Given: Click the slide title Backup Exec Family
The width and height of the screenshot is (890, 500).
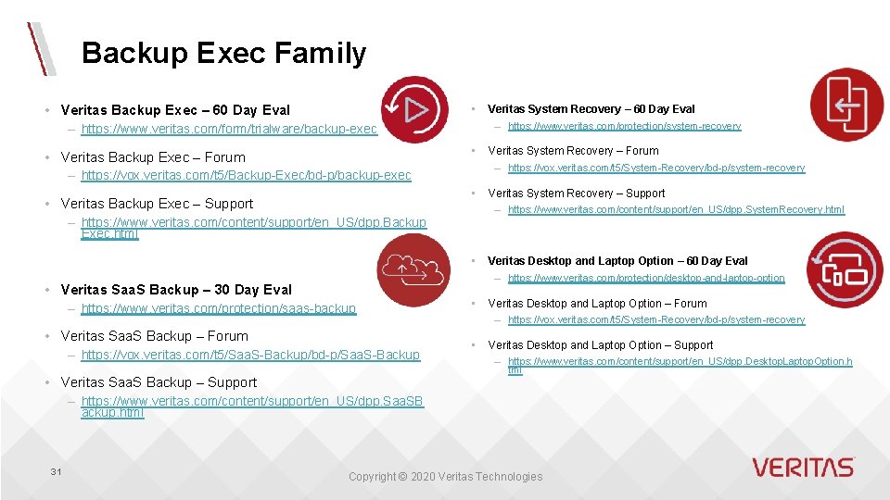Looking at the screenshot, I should click(x=223, y=54).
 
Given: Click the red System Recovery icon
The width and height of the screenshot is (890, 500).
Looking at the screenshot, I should click(x=846, y=105).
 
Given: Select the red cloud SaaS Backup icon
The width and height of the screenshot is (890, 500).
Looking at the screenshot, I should click(x=413, y=269).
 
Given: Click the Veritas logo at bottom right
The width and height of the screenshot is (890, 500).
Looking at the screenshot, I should click(x=802, y=468).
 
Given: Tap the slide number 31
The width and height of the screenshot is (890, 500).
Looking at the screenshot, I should click(x=56, y=472).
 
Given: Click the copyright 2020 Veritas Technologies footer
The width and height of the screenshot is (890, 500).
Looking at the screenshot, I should click(x=445, y=477).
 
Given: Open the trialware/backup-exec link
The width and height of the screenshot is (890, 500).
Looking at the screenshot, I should click(x=229, y=130).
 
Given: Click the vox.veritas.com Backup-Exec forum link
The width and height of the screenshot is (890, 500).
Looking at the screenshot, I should click(x=246, y=176).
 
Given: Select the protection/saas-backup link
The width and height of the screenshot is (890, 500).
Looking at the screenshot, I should click(x=218, y=308).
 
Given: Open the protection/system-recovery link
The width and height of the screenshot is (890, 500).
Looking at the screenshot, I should click(x=624, y=126).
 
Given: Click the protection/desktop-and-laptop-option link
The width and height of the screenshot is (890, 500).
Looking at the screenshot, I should click(x=645, y=278).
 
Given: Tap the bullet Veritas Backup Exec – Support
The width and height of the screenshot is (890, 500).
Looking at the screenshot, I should click(x=157, y=204).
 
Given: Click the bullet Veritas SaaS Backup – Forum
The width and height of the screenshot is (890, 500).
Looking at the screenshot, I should click(x=154, y=336).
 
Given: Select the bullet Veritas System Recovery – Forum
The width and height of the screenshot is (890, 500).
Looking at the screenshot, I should click(x=573, y=151).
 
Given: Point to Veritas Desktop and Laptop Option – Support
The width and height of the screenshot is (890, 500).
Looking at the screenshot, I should click(x=600, y=345).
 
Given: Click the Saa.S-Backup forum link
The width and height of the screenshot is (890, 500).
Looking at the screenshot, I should click(x=250, y=355).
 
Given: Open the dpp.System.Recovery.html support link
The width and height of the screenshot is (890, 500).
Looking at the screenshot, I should click(x=676, y=210).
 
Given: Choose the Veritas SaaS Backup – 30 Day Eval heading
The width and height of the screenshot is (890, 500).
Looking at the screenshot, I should click(x=175, y=290).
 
